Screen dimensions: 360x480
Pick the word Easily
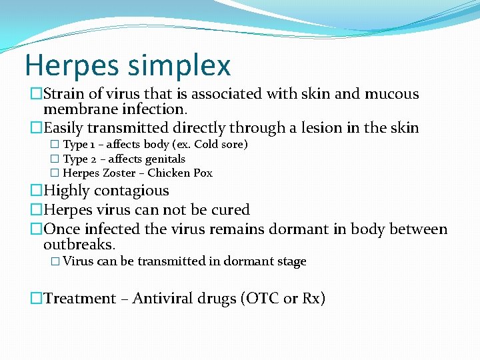[x=65, y=127]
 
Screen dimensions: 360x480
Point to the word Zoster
[x=122, y=173]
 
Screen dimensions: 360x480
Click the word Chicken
[x=169, y=173]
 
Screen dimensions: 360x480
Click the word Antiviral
[x=163, y=299]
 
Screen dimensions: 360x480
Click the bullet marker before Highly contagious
[x=36, y=191]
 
